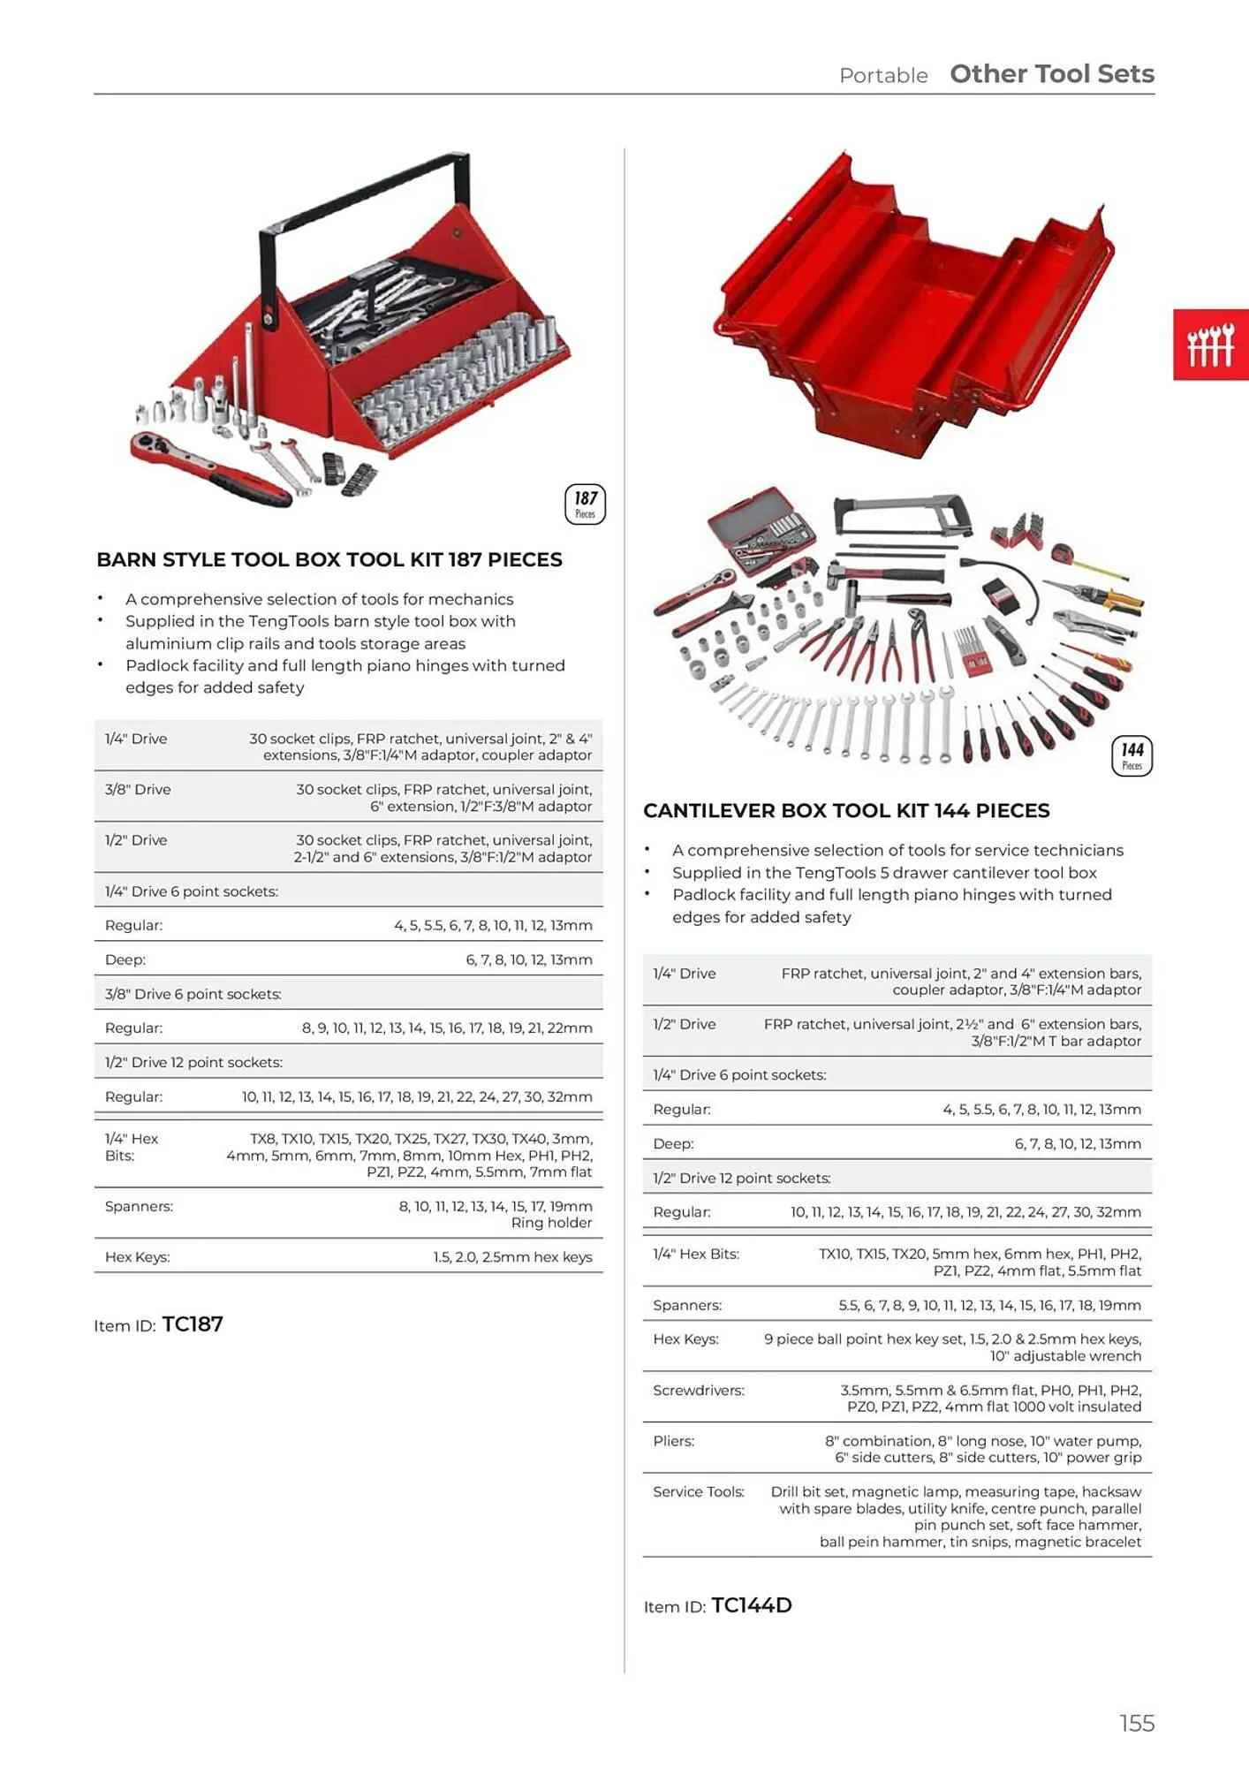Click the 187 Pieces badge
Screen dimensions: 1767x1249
click(x=585, y=504)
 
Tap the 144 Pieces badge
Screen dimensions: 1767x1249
click(x=1132, y=756)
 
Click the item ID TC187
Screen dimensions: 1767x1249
click(x=193, y=1323)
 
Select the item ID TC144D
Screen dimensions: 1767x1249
click(x=751, y=1605)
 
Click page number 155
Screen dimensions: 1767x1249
click(x=1136, y=1723)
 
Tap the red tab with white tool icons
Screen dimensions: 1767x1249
click(x=1210, y=345)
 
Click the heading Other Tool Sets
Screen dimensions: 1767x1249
click(x=1051, y=74)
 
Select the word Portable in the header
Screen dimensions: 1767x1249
click(x=882, y=76)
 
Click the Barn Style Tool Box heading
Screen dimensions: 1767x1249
click(x=329, y=559)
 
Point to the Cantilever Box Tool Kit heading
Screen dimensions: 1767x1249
click(x=845, y=810)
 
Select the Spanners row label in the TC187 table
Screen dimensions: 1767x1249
click(x=139, y=1206)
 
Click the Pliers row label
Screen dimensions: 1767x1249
click(x=673, y=1441)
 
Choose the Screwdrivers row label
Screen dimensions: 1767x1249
click(x=698, y=1390)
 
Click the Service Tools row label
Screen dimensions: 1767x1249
click(x=698, y=1491)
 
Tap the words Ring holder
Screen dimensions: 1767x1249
click(x=551, y=1223)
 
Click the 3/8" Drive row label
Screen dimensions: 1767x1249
click(x=138, y=789)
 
